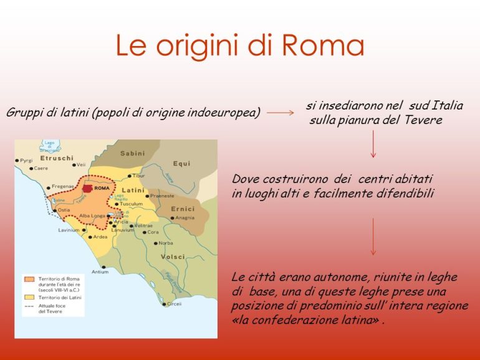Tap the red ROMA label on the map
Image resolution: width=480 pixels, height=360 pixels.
point(102,187)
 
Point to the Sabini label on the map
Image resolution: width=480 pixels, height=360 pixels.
point(132,153)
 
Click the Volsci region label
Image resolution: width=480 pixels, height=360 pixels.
point(173,255)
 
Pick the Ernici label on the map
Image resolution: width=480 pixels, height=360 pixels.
point(181,209)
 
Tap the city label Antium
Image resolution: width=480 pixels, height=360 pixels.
point(100,272)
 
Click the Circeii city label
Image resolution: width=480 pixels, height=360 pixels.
point(174,304)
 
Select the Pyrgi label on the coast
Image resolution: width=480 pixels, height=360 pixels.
point(26,161)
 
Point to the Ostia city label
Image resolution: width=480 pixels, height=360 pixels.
point(64,211)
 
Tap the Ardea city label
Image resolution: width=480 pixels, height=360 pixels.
point(100,237)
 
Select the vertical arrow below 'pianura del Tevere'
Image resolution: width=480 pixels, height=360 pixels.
point(373,144)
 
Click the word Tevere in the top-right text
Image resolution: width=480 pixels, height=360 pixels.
point(421,120)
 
